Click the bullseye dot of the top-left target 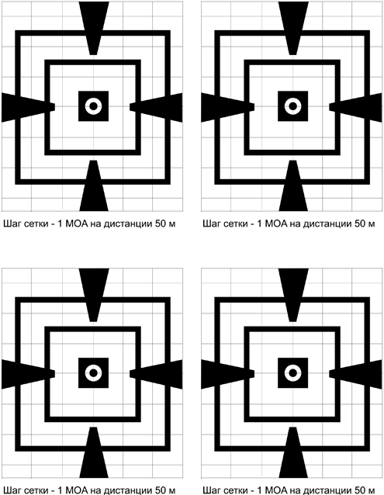(x=93, y=106)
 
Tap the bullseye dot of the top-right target (x=292, y=106)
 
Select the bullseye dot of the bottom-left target (x=93, y=373)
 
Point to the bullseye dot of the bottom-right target (x=292, y=373)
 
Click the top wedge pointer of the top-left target (x=94, y=27)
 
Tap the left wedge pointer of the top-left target (x=27, y=107)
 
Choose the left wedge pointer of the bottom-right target (x=227, y=374)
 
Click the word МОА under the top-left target (x=77, y=223)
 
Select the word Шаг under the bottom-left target (x=12, y=490)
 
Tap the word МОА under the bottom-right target (x=276, y=490)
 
